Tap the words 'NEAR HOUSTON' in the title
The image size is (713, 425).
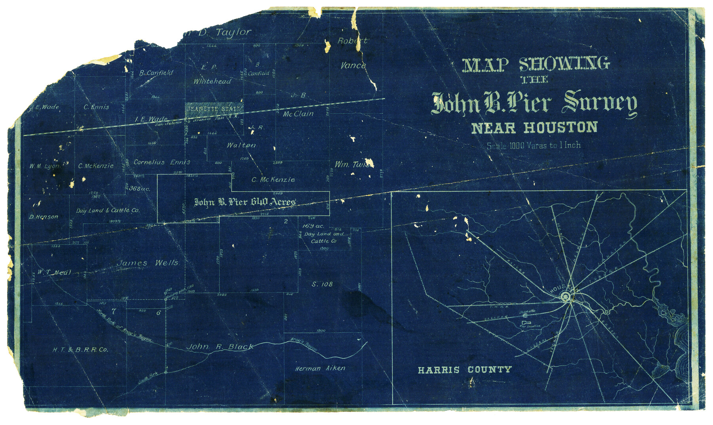tap(534, 128)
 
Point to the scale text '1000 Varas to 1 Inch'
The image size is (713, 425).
tap(534, 146)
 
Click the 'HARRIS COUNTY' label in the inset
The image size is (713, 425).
tap(465, 370)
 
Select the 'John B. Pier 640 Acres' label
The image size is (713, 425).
tap(244, 202)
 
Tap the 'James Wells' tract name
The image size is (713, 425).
tap(147, 263)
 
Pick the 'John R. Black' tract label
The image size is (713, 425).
tap(220, 347)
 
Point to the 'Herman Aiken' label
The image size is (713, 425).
tap(320, 368)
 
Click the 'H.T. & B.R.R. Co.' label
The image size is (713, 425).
tap(80, 350)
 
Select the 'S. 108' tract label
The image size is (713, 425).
tap(322, 284)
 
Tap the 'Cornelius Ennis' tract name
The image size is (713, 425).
tap(162, 162)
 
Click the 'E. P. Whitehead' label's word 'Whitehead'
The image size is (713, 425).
tap(212, 81)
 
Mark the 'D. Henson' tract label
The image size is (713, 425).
tap(44, 217)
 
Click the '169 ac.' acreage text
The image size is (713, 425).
tap(313, 226)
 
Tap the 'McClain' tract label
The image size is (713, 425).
tap(298, 114)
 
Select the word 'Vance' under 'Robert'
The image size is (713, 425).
tap(353, 66)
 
